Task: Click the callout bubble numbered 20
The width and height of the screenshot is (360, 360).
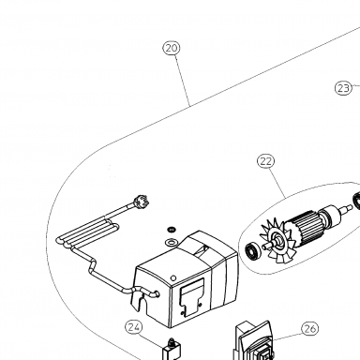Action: click(172, 48)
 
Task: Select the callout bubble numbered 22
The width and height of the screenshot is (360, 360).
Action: click(266, 161)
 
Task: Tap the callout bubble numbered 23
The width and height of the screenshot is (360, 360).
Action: click(343, 88)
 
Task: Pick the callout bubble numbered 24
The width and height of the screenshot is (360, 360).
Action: click(134, 327)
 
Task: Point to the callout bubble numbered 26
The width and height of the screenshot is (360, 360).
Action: click(309, 329)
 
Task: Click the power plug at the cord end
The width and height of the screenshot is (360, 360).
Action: click(141, 200)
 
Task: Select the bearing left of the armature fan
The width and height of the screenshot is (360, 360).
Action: click(251, 250)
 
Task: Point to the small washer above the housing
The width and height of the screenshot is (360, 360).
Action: click(172, 230)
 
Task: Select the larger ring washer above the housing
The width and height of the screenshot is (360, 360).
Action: click(171, 242)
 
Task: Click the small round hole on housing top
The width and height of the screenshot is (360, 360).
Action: click(173, 277)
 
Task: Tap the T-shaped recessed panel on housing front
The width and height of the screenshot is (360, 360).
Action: click(191, 297)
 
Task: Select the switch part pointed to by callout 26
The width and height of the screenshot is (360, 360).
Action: click(254, 342)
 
